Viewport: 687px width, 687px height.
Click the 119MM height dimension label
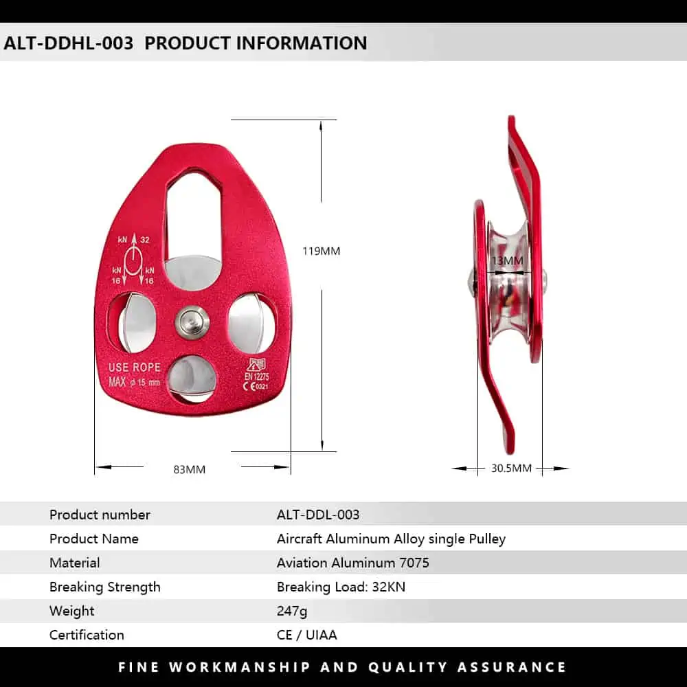tap(321, 251)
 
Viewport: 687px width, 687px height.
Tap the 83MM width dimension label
tap(190, 469)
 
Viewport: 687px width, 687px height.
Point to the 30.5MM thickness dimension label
tap(511, 468)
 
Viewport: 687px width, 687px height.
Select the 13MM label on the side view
tap(508, 260)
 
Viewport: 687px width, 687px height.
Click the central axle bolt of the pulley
tap(192, 322)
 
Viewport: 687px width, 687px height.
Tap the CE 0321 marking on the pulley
tap(256, 386)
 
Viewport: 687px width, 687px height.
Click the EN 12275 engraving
tap(257, 376)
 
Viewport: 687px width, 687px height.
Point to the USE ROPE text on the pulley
tap(135, 367)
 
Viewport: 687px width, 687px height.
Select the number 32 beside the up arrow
tap(145, 240)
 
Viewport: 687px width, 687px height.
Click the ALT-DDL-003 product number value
tap(318, 515)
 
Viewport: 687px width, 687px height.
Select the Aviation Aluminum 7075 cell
tap(352, 563)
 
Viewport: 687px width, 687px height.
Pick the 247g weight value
tap(292, 611)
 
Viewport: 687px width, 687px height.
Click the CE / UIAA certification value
tap(306, 635)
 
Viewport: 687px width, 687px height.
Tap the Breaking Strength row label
tap(104, 587)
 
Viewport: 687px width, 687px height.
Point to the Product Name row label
tap(93, 539)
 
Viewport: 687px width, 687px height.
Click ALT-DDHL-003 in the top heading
tap(68, 43)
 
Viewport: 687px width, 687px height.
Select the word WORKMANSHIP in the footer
tap(240, 667)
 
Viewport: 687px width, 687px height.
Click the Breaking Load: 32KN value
tap(341, 587)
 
